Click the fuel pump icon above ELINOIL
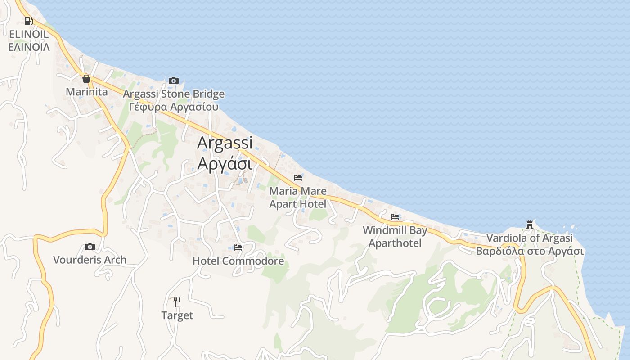(x=28, y=21)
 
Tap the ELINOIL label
(x=29, y=34)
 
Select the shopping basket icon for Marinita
(x=86, y=79)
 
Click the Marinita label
(x=87, y=92)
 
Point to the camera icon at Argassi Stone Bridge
(x=173, y=81)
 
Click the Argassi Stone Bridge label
(x=174, y=94)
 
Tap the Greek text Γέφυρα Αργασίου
(x=174, y=107)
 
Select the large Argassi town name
(x=225, y=143)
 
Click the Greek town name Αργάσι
(x=225, y=163)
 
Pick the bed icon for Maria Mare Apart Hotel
(x=297, y=178)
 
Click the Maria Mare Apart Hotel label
(x=298, y=198)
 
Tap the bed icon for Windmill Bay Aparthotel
(x=395, y=217)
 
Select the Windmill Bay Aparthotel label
(x=395, y=237)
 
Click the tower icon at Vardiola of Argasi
(x=530, y=225)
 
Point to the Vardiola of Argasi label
(x=530, y=238)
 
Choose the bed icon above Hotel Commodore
(x=238, y=247)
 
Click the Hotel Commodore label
(x=238, y=261)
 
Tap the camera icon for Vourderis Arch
(x=90, y=247)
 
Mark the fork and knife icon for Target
(x=177, y=301)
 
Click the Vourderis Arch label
(x=90, y=260)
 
